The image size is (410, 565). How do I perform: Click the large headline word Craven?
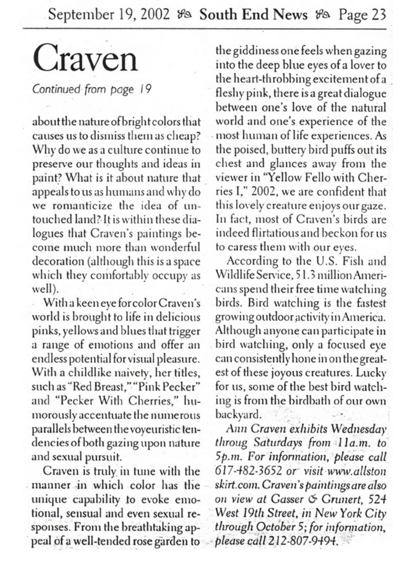[86, 59]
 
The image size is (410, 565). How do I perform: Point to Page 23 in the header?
[363, 15]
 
